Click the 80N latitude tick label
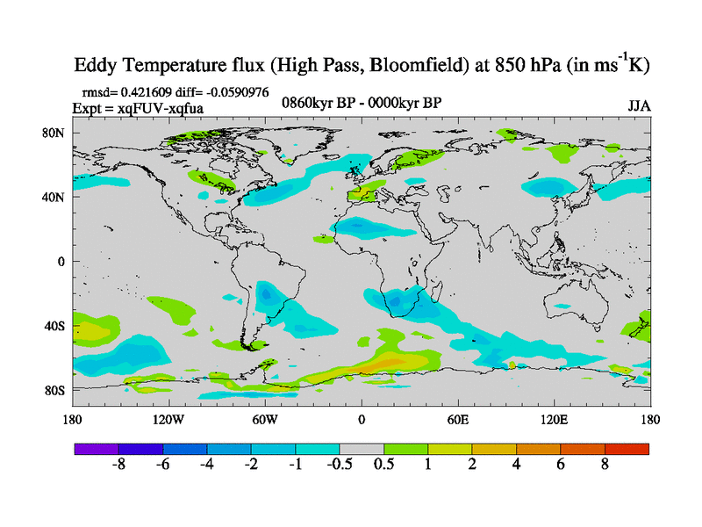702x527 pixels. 54,133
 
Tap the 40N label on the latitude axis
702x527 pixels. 54,197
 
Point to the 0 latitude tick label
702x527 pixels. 61,261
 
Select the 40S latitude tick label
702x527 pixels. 54,326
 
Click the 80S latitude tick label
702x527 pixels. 54,390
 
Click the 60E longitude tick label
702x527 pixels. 458,420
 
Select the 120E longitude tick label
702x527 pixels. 555,420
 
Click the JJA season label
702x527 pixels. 639,106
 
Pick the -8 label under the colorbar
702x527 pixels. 119,466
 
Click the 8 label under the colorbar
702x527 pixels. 605,466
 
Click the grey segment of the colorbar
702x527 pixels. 362,448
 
